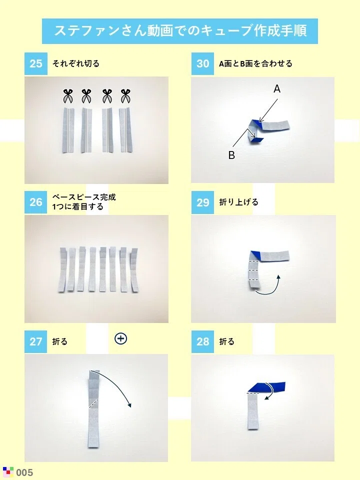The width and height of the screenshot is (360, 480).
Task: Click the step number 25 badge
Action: point(36,63)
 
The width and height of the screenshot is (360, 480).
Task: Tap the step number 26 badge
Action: point(36,202)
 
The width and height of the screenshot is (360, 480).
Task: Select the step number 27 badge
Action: point(36,341)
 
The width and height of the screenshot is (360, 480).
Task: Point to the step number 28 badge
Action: point(202,341)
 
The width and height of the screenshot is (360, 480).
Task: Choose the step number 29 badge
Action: point(202,202)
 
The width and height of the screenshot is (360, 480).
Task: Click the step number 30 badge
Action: point(202,63)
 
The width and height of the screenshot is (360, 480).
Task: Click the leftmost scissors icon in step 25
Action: point(68,96)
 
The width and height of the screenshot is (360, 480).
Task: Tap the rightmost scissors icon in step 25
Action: point(125,96)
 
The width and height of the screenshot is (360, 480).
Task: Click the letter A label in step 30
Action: point(276,89)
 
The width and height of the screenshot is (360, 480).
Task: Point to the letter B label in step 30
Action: point(231,155)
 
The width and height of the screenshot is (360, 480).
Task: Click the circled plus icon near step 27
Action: point(120,338)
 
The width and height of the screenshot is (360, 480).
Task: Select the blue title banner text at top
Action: point(180,31)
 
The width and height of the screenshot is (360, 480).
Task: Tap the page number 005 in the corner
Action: point(24,472)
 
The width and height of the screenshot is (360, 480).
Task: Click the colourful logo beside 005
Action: point(8,471)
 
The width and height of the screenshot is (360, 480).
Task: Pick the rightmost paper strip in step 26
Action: point(134,270)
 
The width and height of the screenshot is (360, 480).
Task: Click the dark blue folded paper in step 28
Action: point(266,387)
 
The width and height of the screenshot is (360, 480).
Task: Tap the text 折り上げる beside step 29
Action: point(239,202)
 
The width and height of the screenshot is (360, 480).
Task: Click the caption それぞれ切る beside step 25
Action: point(76,63)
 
